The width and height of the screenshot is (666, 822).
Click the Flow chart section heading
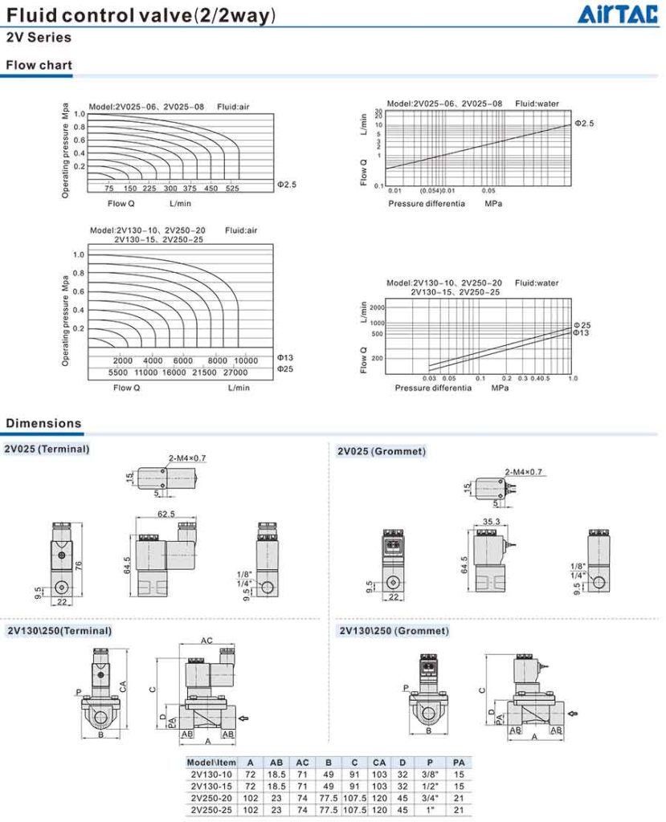point(39,66)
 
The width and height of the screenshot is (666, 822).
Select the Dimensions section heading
point(43,423)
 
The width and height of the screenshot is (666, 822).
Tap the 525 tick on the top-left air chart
point(232,188)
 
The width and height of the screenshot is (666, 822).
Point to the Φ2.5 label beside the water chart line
point(584,123)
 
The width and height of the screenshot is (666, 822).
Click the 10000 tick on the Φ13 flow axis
point(246,360)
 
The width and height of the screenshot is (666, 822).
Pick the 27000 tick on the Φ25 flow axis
point(235,372)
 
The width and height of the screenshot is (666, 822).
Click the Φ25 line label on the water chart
point(582,325)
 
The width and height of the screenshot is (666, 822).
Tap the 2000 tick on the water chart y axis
point(377,307)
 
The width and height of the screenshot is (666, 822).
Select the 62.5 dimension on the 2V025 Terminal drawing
point(166,514)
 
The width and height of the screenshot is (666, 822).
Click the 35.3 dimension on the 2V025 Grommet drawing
point(491,522)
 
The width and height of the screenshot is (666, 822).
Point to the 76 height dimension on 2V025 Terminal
point(79,566)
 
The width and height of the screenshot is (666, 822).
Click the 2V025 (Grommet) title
point(382,451)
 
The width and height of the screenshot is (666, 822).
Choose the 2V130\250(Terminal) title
point(59,631)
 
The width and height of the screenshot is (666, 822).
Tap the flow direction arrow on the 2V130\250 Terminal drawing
point(243,718)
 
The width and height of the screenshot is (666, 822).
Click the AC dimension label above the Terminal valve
point(206,641)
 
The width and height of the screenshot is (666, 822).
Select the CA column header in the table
point(379,763)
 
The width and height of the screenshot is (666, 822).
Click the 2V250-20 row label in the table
point(211,798)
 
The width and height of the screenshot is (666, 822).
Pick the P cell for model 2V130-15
point(430,787)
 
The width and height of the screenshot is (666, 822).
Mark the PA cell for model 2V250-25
point(459,810)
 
